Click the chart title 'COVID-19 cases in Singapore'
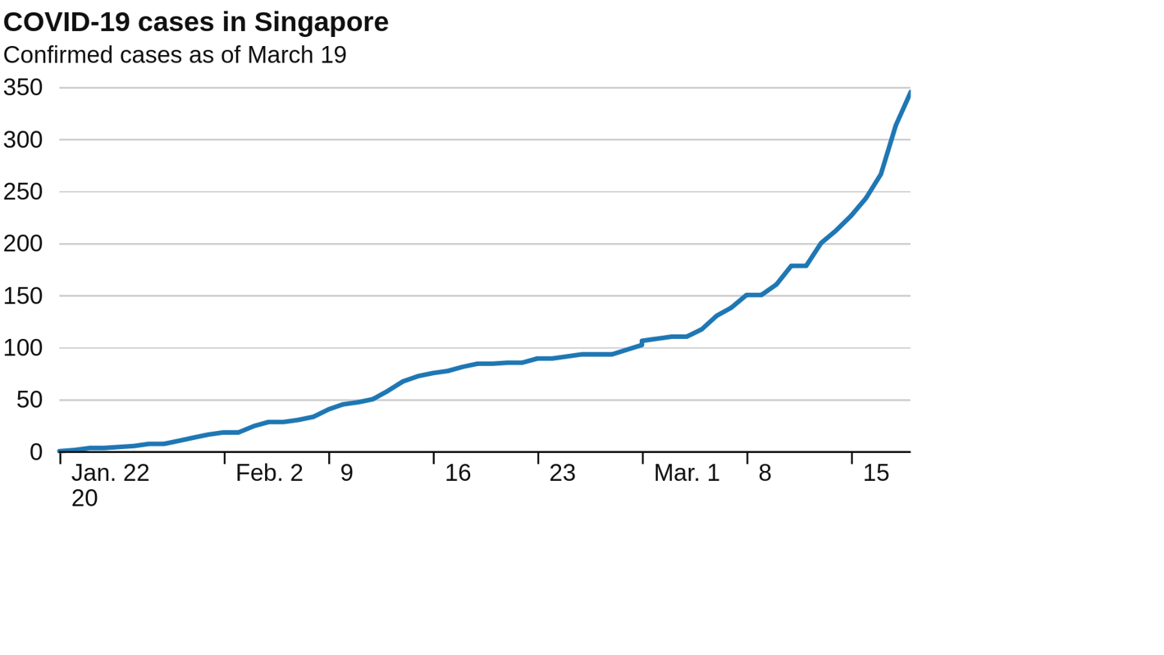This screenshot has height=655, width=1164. (x=196, y=22)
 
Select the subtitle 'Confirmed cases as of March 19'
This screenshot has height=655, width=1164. (x=175, y=55)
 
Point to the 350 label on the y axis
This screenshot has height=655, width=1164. (x=23, y=88)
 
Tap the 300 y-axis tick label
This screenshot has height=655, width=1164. (x=23, y=140)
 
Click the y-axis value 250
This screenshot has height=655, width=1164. (x=23, y=192)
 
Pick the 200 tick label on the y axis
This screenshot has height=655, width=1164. (x=23, y=244)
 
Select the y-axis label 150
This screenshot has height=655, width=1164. (x=23, y=296)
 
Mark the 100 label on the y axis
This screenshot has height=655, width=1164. (x=23, y=348)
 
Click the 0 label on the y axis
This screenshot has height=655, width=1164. (x=36, y=452)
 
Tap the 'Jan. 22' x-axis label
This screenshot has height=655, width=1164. (x=111, y=474)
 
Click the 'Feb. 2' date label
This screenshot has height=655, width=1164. (x=269, y=474)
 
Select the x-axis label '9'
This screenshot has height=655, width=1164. (x=347, y=474)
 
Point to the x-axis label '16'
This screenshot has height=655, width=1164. (x=458, y=474)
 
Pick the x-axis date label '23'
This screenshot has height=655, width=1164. (x=562, y=474)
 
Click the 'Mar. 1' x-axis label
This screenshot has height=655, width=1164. (x=687, y=474)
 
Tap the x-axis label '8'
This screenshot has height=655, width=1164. (x=765, y=474)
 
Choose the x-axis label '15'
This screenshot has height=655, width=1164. (x=876, y=474)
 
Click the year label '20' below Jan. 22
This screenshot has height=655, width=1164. (x=84, y=499)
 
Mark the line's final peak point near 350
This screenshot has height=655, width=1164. (x=910, y=93)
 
